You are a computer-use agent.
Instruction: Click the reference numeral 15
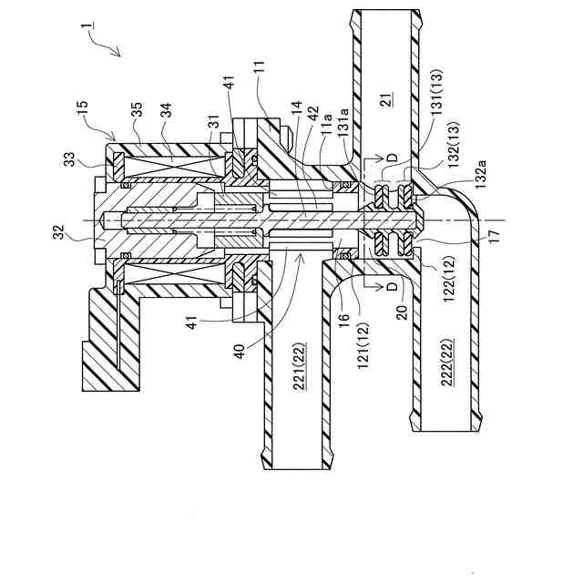pyautogui.click(x=83, y=107)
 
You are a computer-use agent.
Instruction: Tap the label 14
pyautogui.click(x=296, y=107)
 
